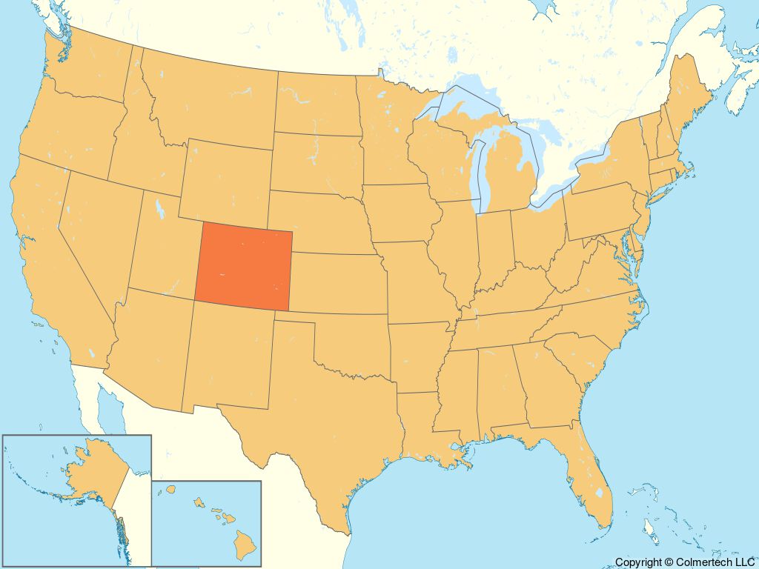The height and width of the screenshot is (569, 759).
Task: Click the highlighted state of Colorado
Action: [243, 269]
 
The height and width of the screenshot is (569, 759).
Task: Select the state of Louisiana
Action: [422, 437]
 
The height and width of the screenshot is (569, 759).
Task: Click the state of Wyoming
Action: [226, 182]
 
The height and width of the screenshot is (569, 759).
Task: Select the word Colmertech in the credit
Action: [709, 562]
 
